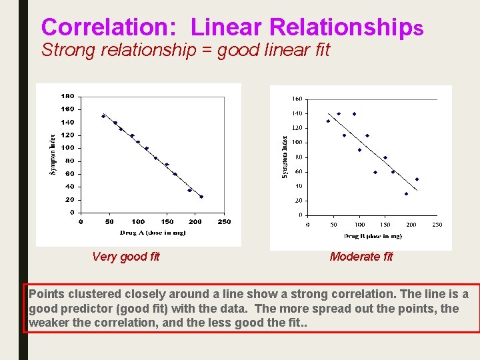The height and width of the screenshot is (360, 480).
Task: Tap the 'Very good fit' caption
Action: pyautogui.click(x=126, y=257)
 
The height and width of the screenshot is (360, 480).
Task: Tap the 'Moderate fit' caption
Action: pyautogui.click(x=361, y=257)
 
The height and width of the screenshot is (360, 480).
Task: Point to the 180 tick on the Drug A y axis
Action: pyautogui.click(x=67, y=96)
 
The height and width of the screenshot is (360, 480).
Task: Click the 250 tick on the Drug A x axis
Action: pyautogui.click(x=225, y=221)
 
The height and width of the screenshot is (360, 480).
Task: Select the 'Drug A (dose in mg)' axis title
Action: pyautogui.click(x=153, y=233)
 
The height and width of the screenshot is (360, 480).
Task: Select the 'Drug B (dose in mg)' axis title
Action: pyautogui.click(x=373, y=236)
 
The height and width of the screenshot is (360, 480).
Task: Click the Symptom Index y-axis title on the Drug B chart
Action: pyautogui.click(x=283, y=157)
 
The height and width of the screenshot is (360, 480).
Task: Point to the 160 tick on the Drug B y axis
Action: pyautogui.click(x=297, y=99)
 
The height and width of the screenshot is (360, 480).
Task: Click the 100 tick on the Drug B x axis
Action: pyautogui.click(x=359, y=225)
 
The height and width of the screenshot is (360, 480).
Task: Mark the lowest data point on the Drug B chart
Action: pyautogui.click(x=406, y=194)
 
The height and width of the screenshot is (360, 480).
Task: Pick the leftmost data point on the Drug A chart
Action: pyautogui.click(x=103, y=116)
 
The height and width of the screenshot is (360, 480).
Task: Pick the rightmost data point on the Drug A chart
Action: pyautogui.click(x=201, y=197)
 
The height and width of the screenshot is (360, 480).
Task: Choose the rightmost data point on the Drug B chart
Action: pyautogui.click(x=417, y=179)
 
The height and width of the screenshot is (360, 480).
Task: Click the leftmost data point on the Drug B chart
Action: pyautogui.click(x=328, y=121)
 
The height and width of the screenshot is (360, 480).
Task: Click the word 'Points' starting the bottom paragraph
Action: pyautogui.click(x=46, y=294)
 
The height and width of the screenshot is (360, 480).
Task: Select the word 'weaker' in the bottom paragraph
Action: pyautogui.click(x=49, y=323)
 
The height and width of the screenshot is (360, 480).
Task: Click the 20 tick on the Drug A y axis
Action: pyautogui.click(x=69, y=200)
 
